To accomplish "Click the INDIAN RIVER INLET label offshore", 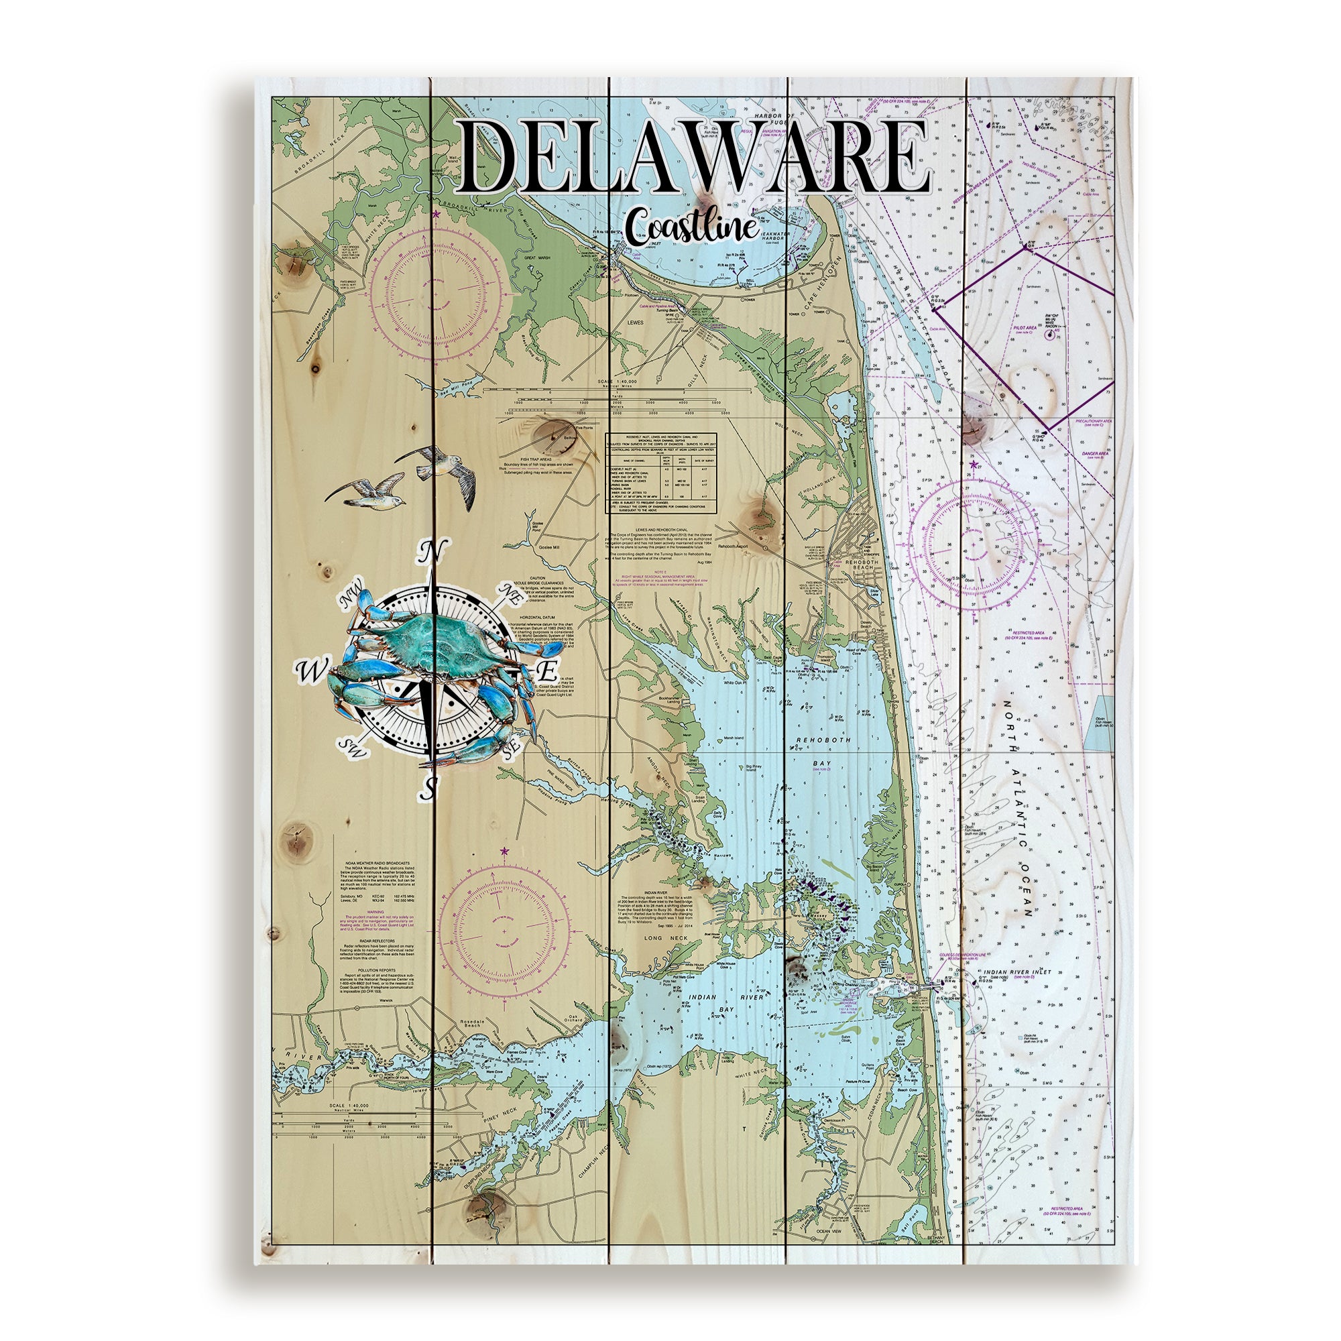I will tap(1017, 972).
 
